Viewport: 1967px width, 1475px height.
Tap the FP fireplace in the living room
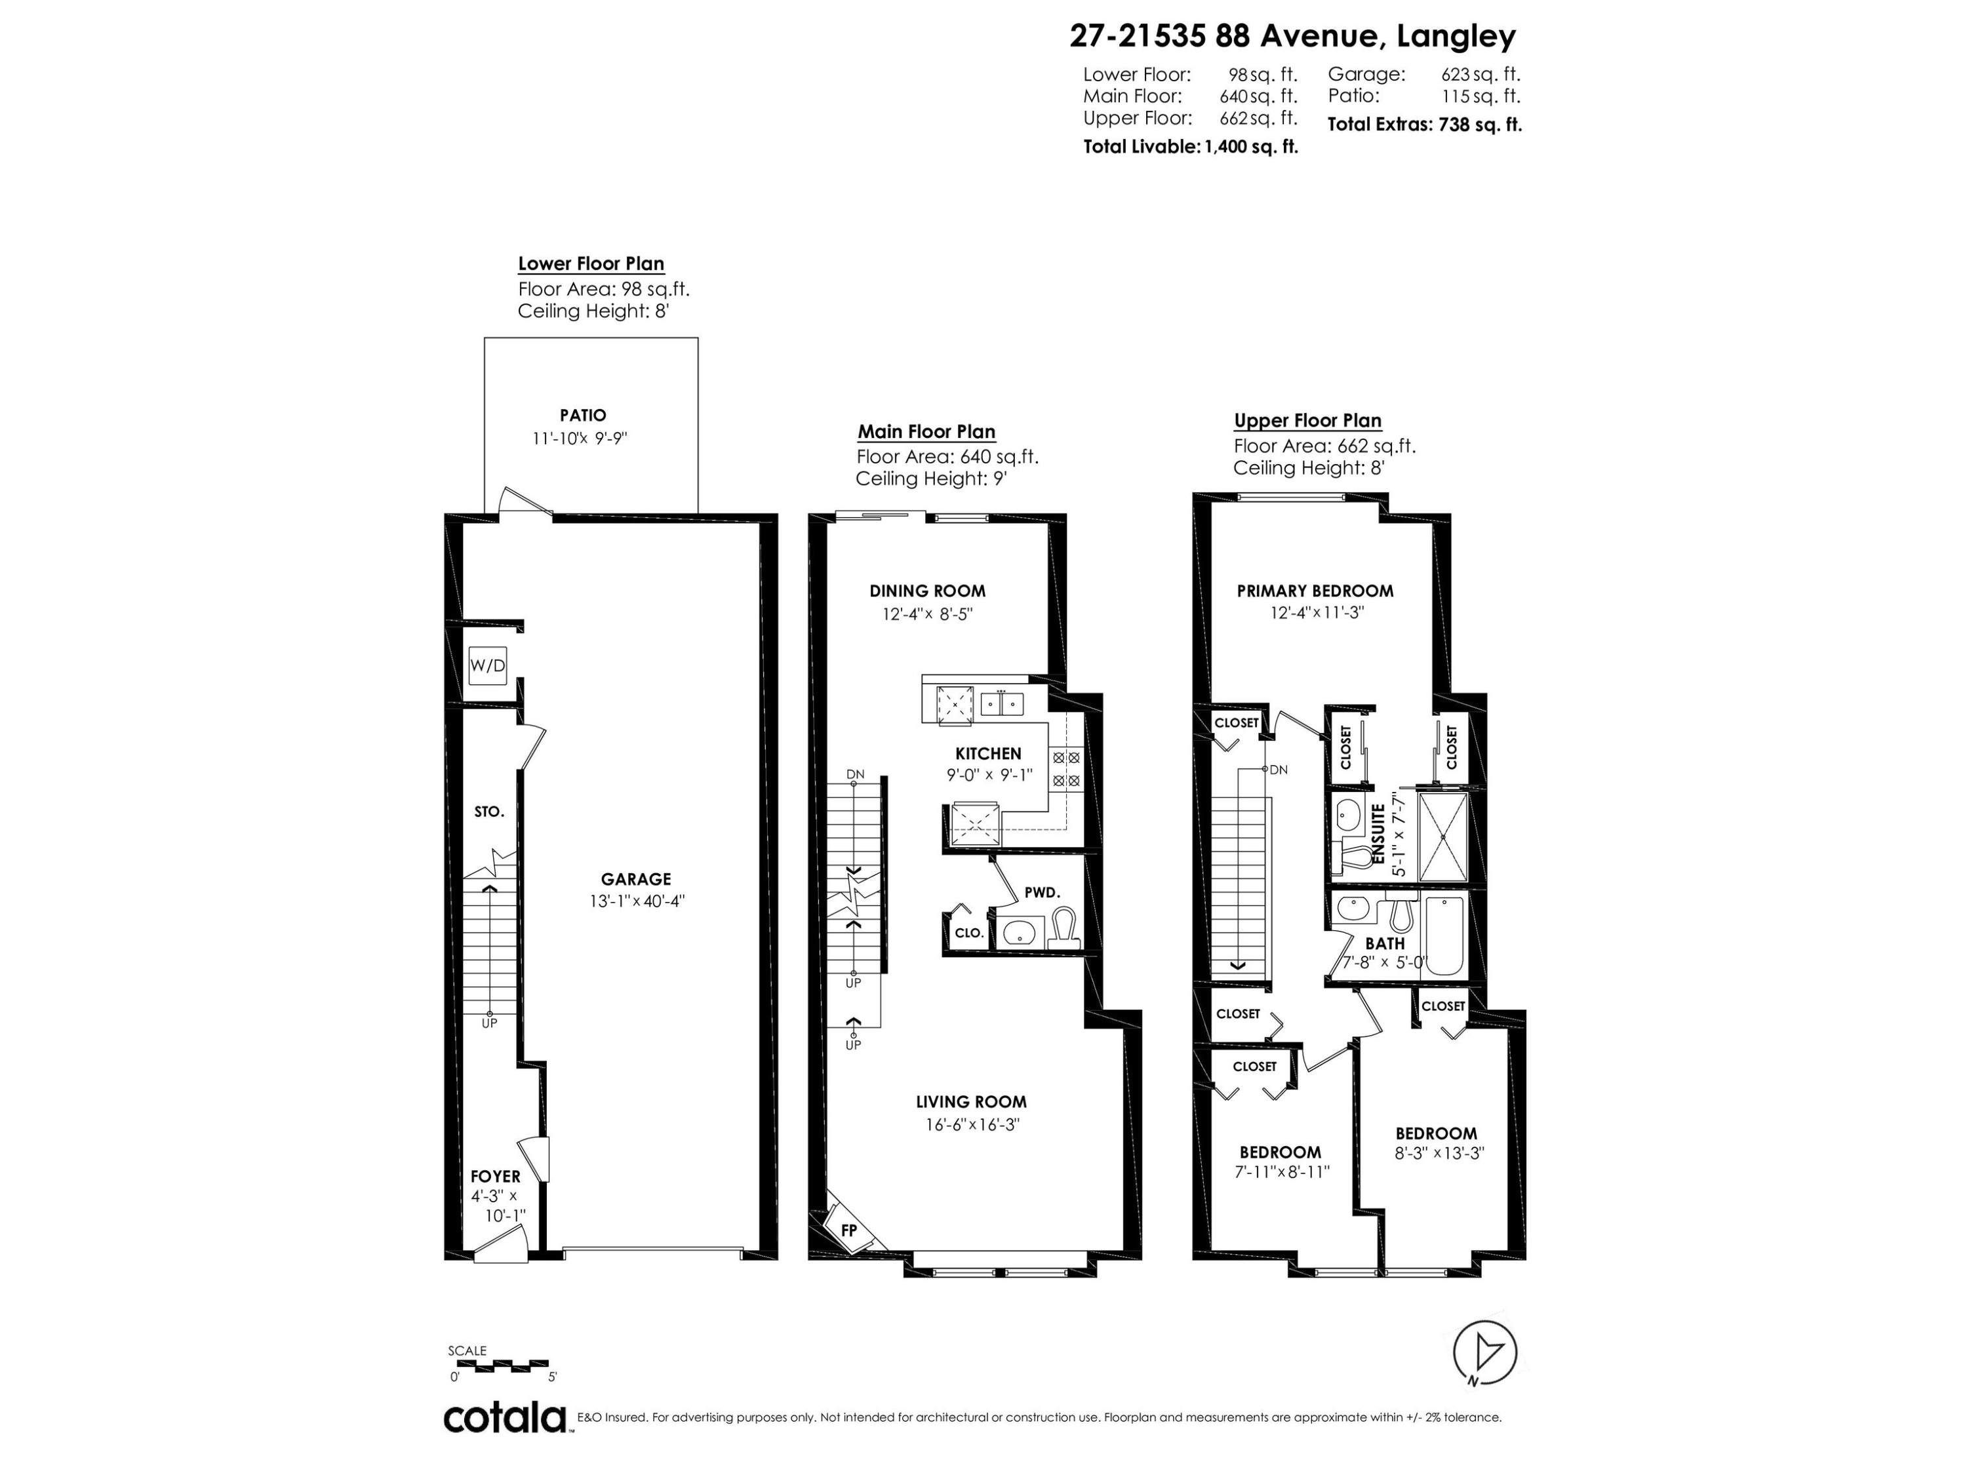coord(848,1230)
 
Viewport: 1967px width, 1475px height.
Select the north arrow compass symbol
coord(1484,1352)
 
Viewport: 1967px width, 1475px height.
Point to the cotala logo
coord(505,1418)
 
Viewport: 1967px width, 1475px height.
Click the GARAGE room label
coord(636,879)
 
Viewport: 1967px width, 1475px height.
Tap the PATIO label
coord(584,415)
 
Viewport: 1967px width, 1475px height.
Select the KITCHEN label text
coord(988,753)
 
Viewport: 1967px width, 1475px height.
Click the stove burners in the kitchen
coord(1066,769)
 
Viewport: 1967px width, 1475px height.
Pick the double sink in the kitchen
coord(1002,704)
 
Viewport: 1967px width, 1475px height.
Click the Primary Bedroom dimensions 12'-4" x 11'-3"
coord(1315,612)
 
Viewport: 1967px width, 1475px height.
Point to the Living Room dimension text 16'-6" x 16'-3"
coord(971,1124)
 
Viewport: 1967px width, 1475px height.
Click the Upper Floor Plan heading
coord(1307,421)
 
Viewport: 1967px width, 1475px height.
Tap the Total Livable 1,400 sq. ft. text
coord(1190,147)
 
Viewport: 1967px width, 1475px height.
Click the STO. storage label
coord(489,812)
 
